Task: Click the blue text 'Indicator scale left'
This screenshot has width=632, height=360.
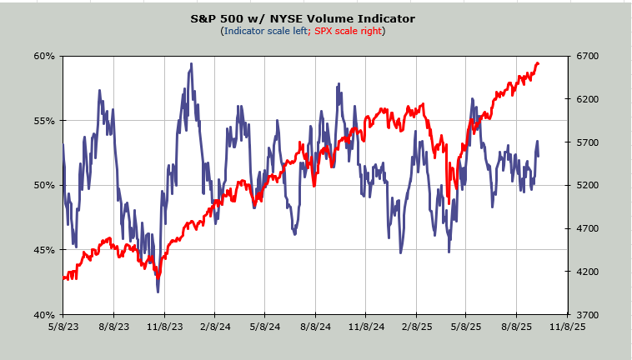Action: pos(264,31)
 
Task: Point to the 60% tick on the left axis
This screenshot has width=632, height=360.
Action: pos(44,56)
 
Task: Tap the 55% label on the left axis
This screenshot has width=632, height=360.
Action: pos(44,121)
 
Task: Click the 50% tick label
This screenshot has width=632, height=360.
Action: pos(44,185)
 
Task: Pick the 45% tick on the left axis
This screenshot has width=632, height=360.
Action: pos(44,250)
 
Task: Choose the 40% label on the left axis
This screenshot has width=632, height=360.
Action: pos(44,315)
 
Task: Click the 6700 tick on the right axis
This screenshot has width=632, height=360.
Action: pos(589,56)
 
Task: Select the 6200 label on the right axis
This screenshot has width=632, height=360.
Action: pos(589,99)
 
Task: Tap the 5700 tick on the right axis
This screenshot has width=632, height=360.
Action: pos(589,142)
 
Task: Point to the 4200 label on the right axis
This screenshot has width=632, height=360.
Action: pos(589,272)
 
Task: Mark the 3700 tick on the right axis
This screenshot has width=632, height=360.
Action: pos(589,315)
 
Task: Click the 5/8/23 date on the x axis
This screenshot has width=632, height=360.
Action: pos(63,327)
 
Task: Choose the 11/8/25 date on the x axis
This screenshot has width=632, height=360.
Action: pos(568,327)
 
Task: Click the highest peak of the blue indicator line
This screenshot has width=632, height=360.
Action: pos(192,63)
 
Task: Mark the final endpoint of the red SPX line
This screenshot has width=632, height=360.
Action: pos(539,63)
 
